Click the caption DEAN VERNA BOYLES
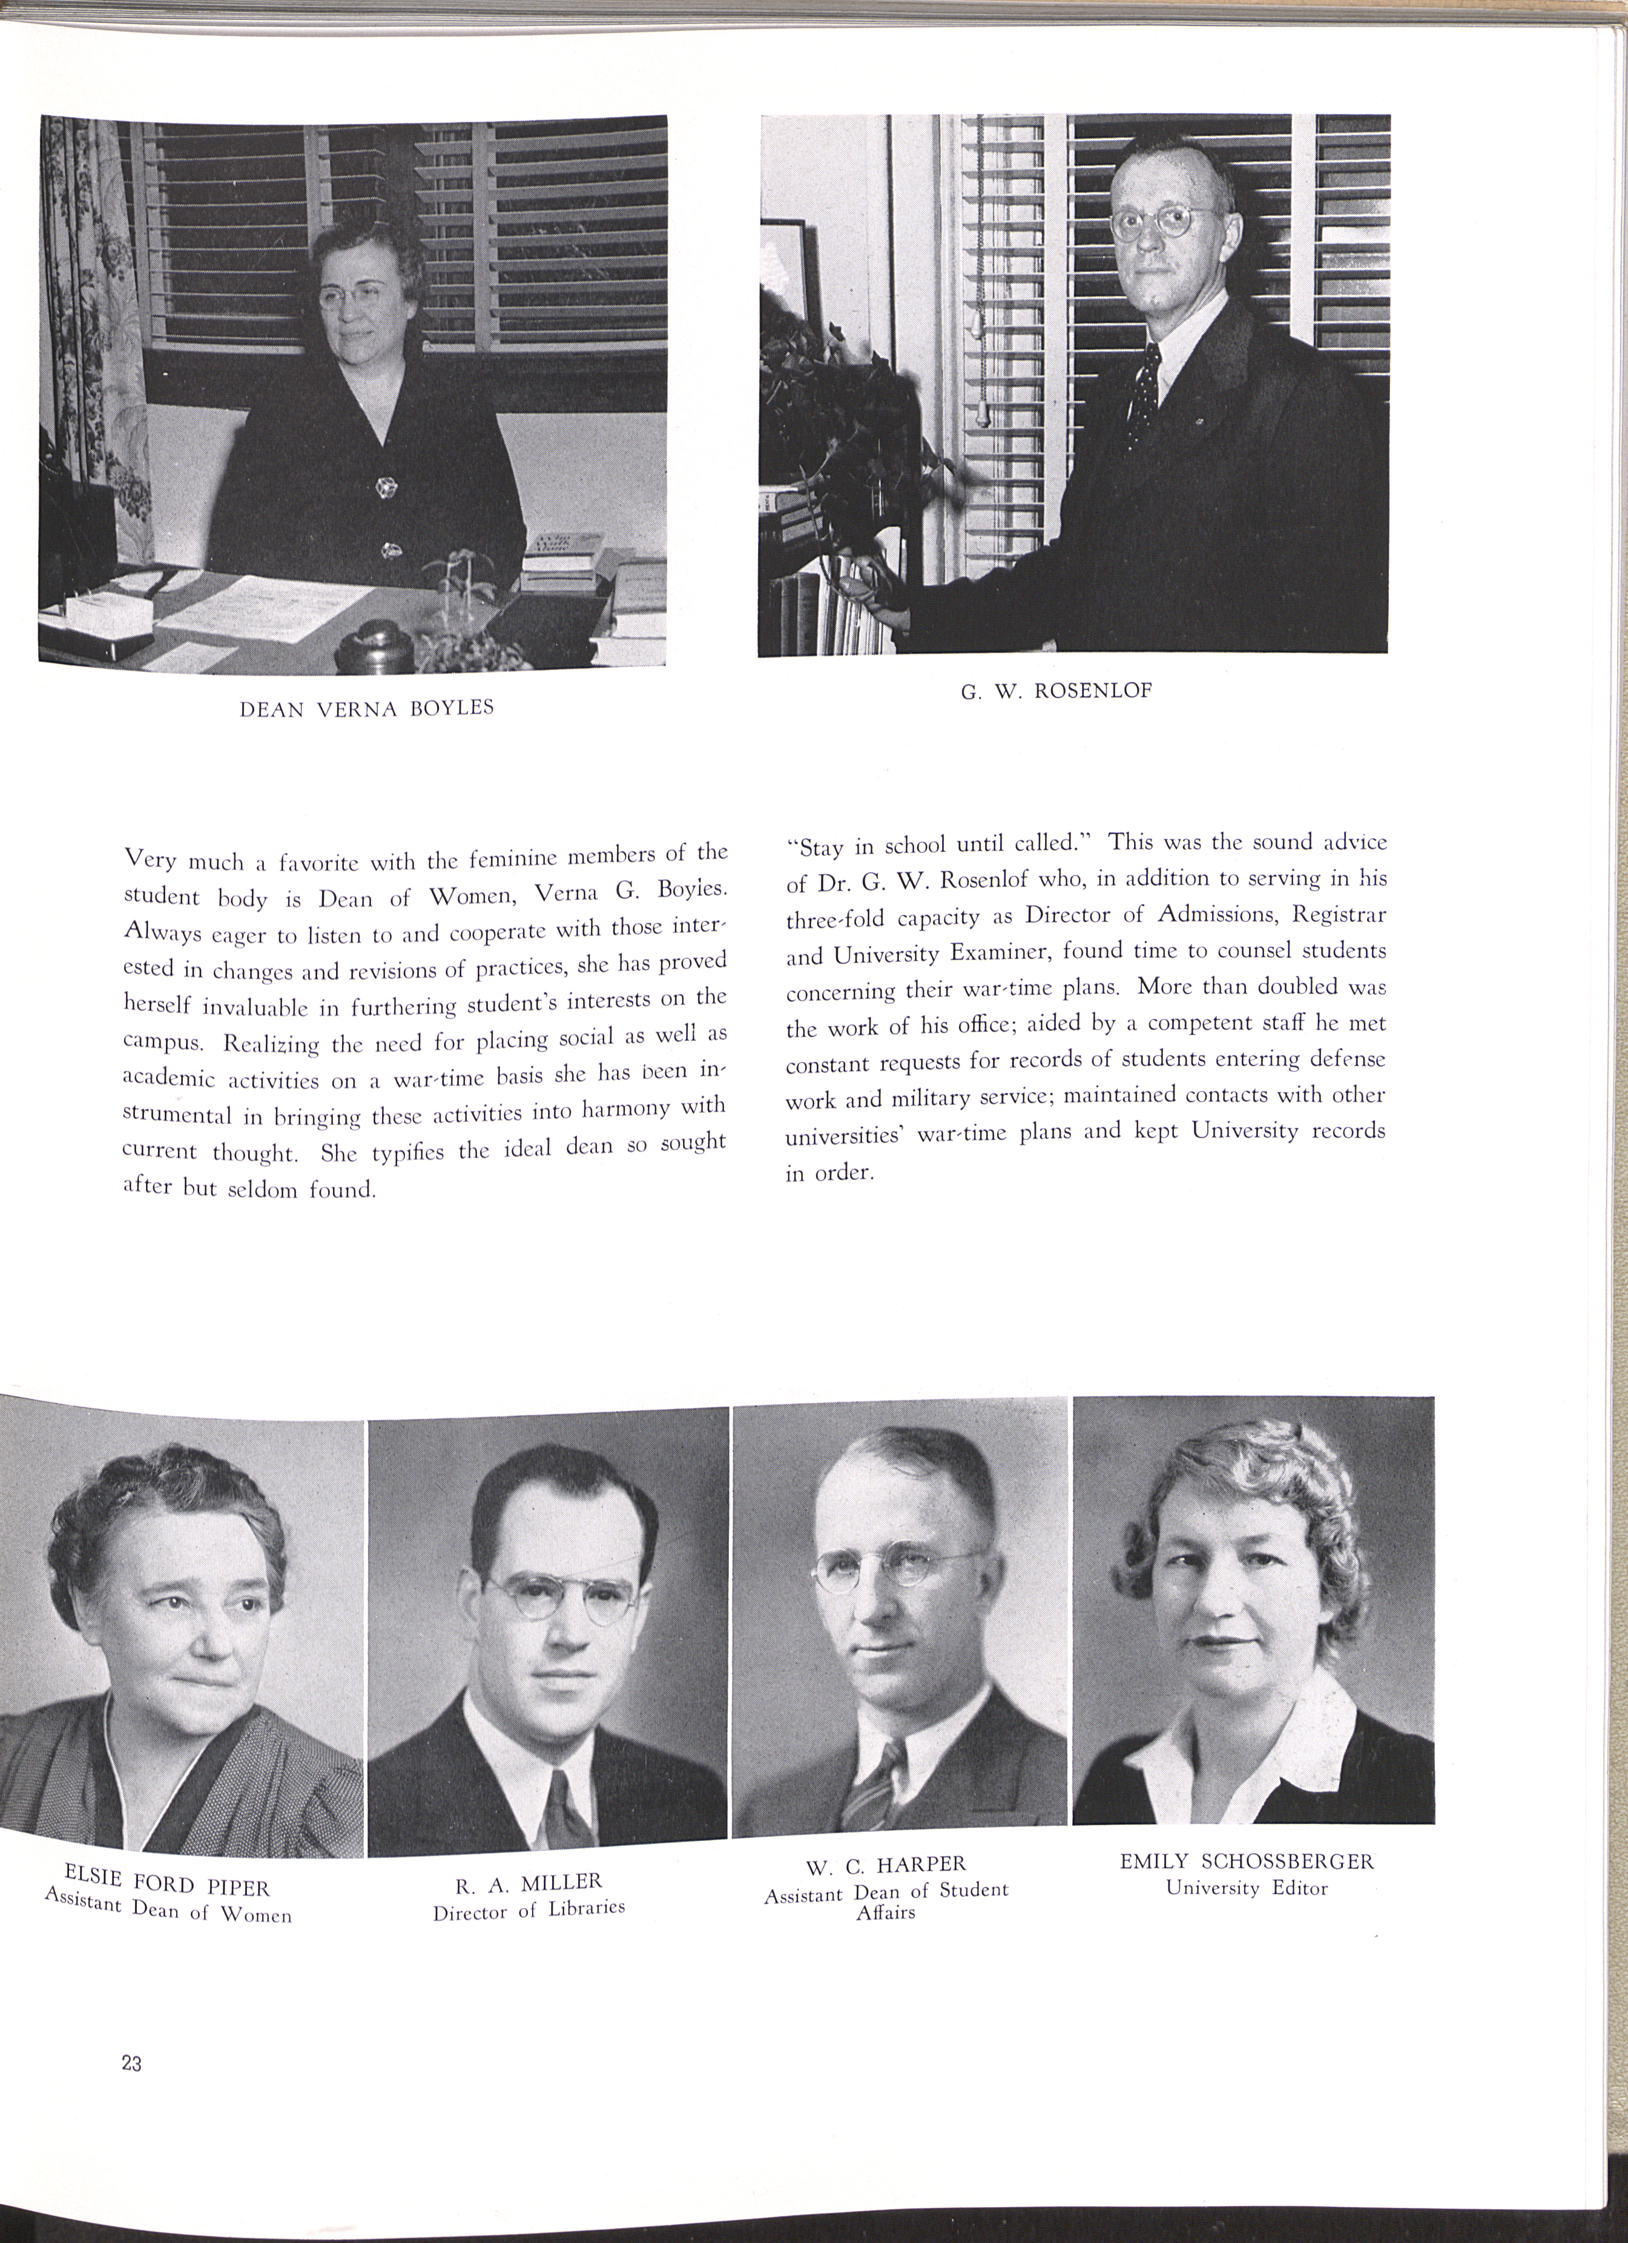point(367,708)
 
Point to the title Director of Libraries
point(529,1908)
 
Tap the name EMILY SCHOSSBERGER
point(1246,1861)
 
